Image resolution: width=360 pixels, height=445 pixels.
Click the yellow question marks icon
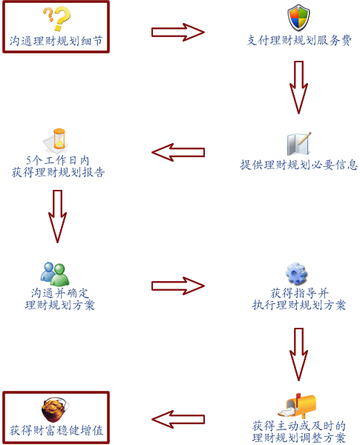pos(56,19)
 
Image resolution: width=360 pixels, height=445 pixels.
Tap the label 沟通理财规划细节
pos(56,41)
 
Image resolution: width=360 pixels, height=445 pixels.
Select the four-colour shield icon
pos(298,18)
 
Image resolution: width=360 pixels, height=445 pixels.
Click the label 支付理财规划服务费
pos(299,41)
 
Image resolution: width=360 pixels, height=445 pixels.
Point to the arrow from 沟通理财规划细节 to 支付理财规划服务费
pos(178,32)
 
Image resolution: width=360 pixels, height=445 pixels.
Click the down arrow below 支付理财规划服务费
pos(298,87)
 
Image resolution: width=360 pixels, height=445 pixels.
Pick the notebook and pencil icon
pos(299,144)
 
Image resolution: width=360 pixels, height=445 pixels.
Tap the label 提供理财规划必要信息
pos(298,165)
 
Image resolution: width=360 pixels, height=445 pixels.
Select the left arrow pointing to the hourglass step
pos(178,152)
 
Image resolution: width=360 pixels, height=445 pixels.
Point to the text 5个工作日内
pos(58,161)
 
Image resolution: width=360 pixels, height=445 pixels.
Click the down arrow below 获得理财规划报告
pos(57,217)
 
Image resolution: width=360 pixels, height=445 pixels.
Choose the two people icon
pos(55,274)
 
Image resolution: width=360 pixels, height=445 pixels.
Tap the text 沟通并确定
pos(60,293)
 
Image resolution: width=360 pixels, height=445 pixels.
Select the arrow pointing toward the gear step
pos(178,286)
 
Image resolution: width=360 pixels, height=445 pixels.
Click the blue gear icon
pos(296,273)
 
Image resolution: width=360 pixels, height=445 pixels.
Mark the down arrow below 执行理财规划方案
pos(298,355)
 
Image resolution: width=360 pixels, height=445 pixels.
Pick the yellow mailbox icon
pos(297,406)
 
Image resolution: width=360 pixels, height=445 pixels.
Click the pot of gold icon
pos(56,409)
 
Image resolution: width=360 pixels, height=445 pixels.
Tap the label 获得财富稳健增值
pos(56,430)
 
